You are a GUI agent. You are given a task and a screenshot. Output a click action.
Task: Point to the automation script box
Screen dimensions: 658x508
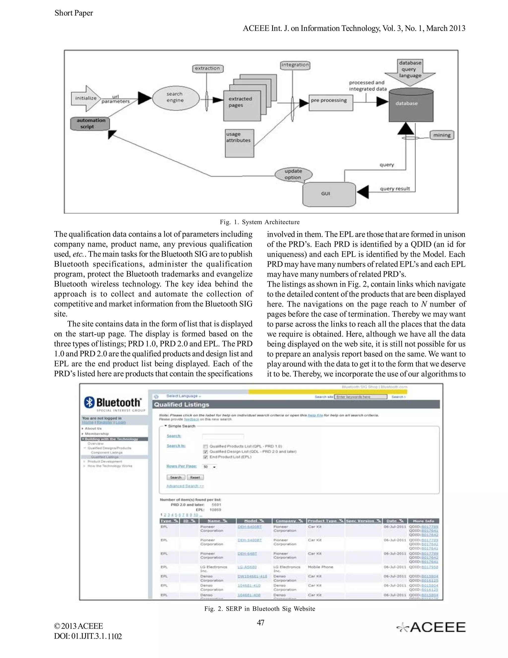90,123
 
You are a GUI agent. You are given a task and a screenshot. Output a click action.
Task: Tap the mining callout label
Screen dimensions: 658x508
442,135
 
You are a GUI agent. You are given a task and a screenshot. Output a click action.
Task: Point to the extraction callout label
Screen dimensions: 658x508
208,68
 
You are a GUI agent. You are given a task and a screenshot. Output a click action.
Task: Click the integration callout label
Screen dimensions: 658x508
295,65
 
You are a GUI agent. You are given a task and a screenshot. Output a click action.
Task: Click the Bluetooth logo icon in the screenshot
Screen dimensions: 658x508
89,402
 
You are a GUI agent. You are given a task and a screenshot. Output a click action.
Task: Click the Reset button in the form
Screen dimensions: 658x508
195,477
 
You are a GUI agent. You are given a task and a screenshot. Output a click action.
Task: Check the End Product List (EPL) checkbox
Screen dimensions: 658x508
206,457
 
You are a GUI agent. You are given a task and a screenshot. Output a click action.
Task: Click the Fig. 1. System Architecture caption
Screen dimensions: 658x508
259,222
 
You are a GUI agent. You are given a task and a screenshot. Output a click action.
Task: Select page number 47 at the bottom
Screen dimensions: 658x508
260,622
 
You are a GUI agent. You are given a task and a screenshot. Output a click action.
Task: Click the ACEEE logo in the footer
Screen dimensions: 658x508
431,627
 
